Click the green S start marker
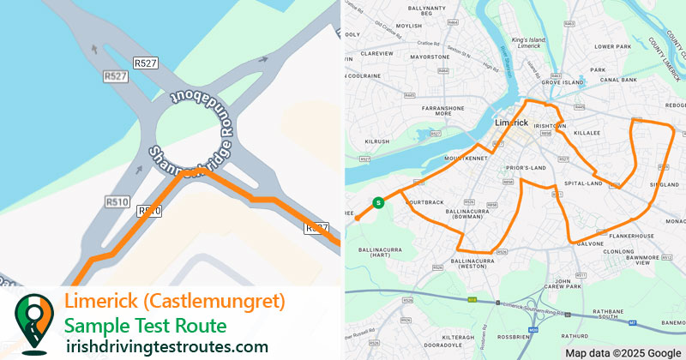coord(377,203)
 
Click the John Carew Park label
coord(575,285)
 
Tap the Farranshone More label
coord(443,112)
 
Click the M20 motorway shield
coord(533,328)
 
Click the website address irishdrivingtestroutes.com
coord(167,345)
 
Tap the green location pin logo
coord(33,323)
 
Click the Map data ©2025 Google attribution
coord(623,352)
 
